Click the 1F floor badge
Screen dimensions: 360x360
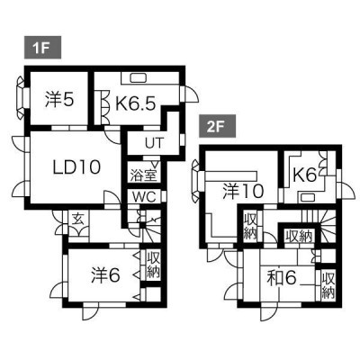[42, 48]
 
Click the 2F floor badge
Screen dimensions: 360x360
[218, 127]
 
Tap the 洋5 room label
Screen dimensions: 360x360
[59, 100]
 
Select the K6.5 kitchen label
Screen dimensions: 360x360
[136, 103]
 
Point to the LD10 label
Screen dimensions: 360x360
[76, 166]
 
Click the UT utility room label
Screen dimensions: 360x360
[154, 143]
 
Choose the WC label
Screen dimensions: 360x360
[145, 197]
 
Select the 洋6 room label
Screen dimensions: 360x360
[105, 275]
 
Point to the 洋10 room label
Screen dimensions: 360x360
[243, 191]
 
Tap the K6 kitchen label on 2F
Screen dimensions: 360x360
[304, 175]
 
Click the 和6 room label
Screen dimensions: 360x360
[282, 278]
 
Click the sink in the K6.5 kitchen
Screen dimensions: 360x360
[138, 78]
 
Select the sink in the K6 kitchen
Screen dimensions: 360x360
[306, 197]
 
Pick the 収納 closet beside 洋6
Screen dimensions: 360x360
[153, 265]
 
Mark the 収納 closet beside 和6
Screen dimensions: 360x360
[328, 285]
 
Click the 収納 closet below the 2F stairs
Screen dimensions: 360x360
[299, 237]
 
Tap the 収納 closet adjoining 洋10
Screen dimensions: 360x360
[250, 225]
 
